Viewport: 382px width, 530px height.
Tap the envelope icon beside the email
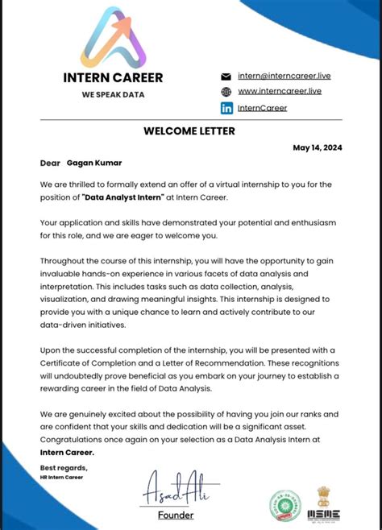(226, 76)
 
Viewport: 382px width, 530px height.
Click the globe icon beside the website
(226, 92)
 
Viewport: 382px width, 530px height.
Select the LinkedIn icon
(226, 108)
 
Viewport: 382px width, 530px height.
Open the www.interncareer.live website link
(280, 92)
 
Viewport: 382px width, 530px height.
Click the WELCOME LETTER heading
(189, 131)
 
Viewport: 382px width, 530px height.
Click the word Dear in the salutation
(50, 164)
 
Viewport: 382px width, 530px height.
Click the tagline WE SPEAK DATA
(112, 94)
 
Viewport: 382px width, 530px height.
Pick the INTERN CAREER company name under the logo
(113, 78)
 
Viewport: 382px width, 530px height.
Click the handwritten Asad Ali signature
(175, 487)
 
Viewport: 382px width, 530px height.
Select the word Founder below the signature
(176, 515)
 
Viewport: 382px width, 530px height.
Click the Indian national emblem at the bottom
(325, 495)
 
